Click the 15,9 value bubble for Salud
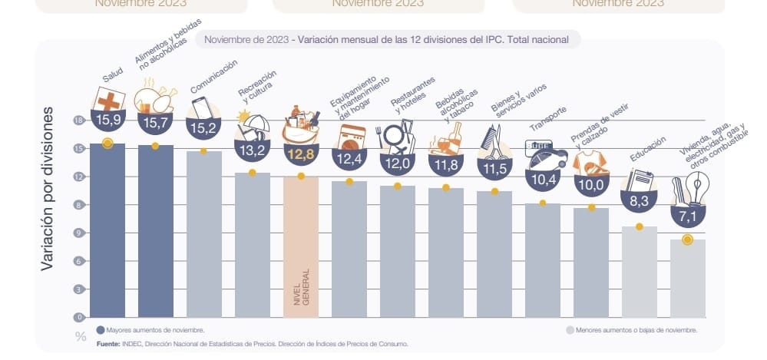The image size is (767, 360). point(107,120)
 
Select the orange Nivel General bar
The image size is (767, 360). point(300,246)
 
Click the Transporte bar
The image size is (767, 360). point(542,261)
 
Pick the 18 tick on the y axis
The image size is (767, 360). point(78,121)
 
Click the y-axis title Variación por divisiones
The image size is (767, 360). point(48,188)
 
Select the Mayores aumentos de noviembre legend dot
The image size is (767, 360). point(101,329)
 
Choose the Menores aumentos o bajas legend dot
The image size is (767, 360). point(569,329)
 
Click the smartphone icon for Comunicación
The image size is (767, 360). point(200,106)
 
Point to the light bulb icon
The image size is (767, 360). point(700,185)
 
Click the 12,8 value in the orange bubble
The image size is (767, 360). point(300,154)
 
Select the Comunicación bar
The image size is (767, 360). point(203,234)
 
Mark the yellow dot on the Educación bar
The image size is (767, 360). point(639,227)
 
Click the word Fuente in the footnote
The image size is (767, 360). point(108,343)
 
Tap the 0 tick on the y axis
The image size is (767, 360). point(78,317)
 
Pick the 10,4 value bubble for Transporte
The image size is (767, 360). point(542,179)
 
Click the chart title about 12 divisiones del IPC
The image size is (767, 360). point(388,39)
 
